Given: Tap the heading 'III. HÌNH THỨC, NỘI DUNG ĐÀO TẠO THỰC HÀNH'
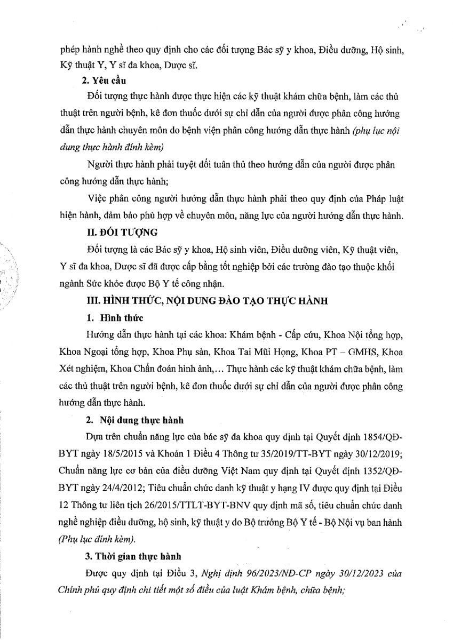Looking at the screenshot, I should coord(200,301).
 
